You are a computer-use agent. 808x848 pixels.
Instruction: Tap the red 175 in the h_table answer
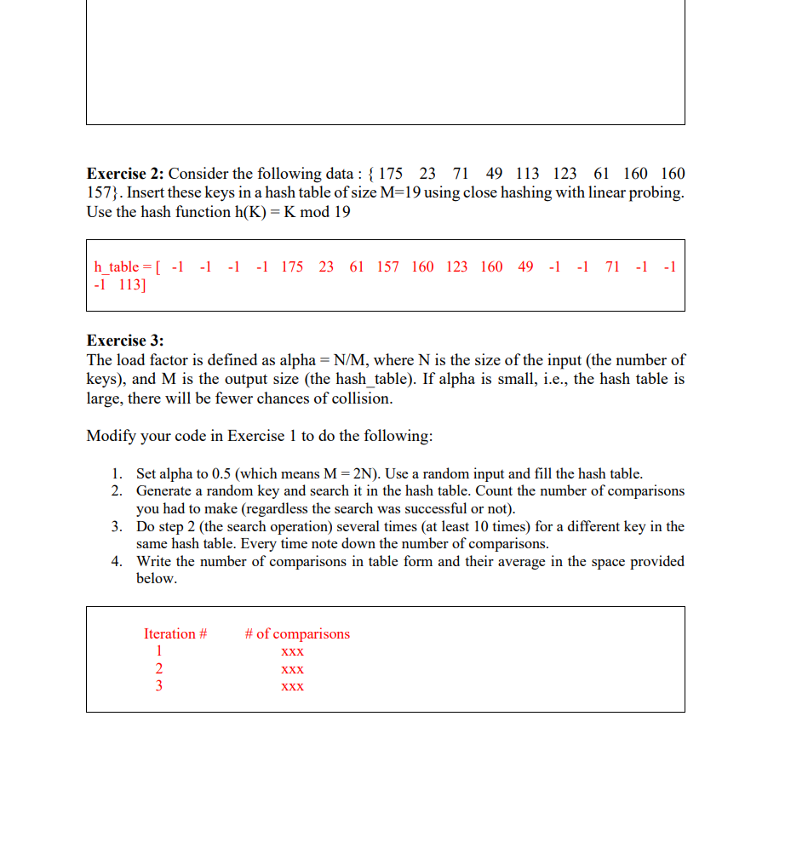tap(292, 267)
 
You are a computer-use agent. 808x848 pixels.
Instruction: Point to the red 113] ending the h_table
tap(132, 285)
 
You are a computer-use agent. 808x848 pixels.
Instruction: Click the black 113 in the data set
tap(527, 174)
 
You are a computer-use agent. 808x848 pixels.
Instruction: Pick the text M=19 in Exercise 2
tap(399, 192)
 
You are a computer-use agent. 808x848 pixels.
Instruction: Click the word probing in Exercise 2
tap(656, 192)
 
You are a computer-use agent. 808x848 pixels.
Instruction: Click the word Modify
tap(110, 436)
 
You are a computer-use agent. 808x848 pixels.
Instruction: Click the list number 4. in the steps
tap(117, 561)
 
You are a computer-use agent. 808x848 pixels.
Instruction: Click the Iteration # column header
tap(175, 634)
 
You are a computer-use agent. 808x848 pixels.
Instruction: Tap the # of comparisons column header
tap(296, 634)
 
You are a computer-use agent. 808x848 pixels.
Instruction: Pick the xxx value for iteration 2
tap(292, 669)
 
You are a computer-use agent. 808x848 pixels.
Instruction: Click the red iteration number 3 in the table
tap(158, 686)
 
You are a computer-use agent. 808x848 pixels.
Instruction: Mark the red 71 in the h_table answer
tap(612, 267)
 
